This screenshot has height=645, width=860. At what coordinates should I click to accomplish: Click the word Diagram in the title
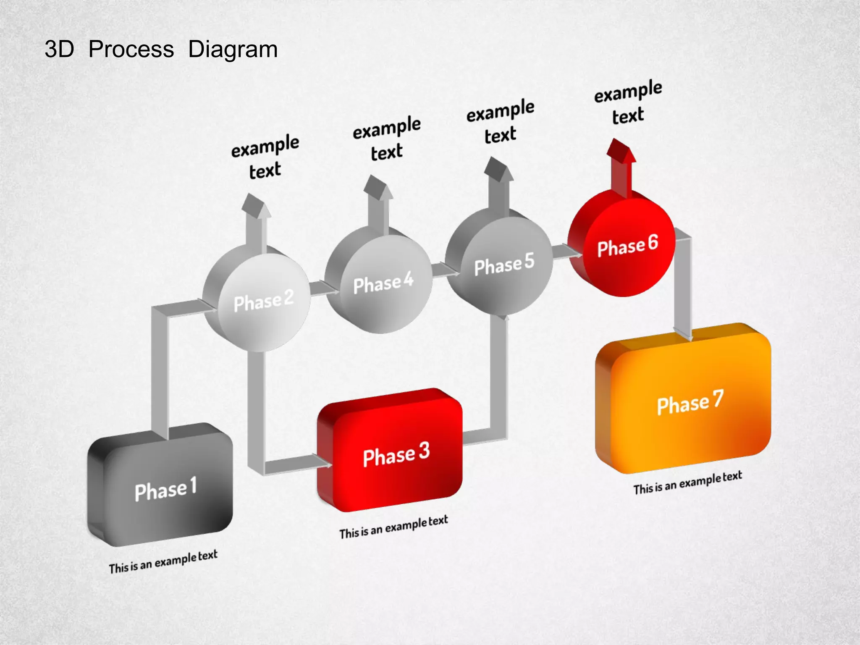point(233,50)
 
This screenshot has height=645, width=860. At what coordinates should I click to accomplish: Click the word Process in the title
point(131,50)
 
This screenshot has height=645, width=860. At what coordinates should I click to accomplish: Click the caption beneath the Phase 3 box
point(393,527)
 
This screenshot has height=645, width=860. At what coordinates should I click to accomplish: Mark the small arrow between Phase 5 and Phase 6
point(567,252)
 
